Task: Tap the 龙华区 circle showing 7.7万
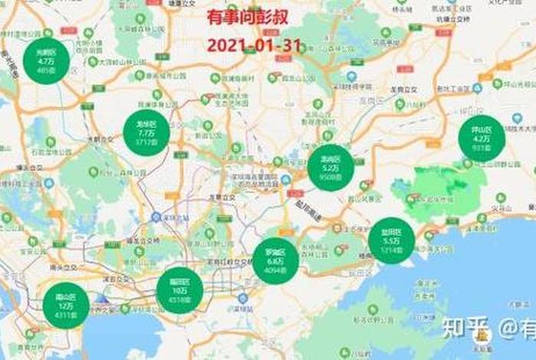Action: point(145,133)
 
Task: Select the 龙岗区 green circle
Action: point(331,168)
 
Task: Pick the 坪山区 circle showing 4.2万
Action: point(482,138)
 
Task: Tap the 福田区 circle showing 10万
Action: point(180,290)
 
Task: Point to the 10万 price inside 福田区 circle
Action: point(180,290)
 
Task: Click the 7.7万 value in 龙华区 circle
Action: point(145,133)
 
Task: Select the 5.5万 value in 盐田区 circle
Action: point(391,241)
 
